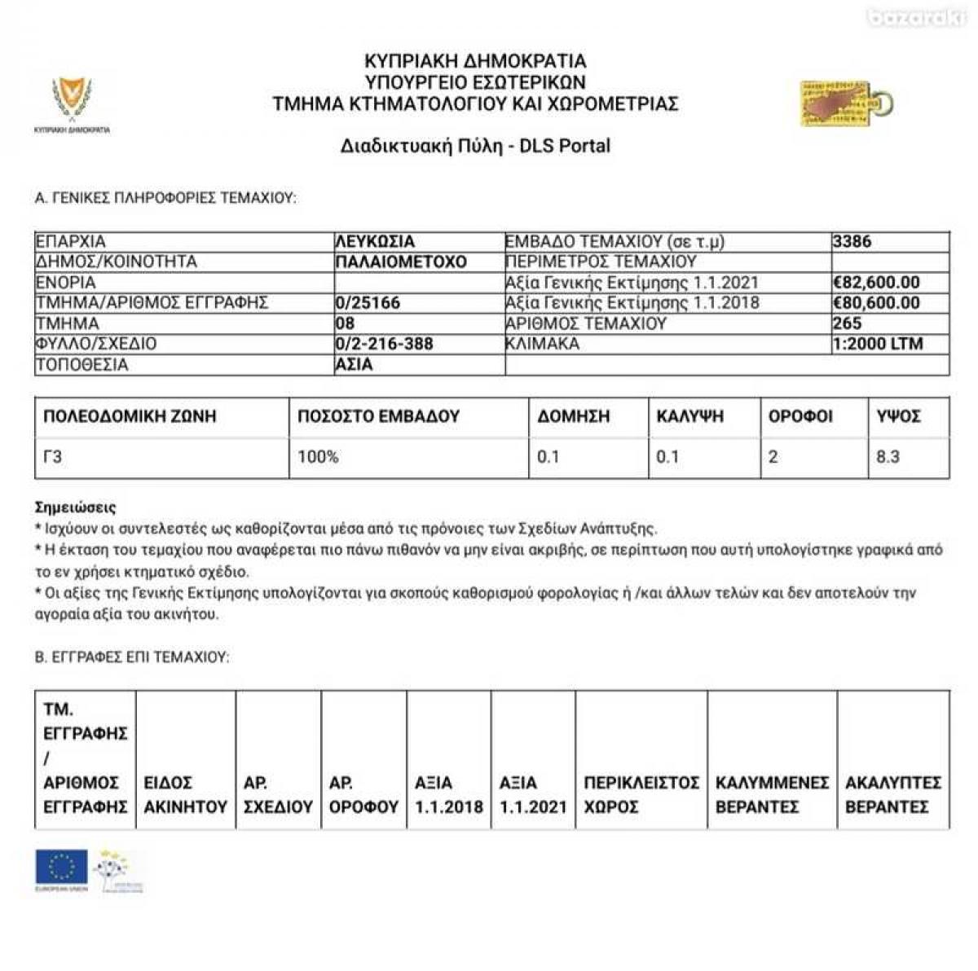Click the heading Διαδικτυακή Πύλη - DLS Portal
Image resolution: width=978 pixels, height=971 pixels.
(x=475, y=147)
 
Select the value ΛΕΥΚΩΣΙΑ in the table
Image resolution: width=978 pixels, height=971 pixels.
(x=375, y=242)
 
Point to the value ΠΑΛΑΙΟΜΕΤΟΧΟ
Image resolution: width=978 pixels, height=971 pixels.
(x=401, y=262)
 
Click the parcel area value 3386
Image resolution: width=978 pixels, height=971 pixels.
(x=852, y=242)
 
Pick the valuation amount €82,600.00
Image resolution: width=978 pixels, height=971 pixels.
(x=876, y=283)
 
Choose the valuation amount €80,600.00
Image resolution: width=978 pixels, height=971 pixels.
(x=876, y=303)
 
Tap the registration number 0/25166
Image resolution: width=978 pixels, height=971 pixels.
(x=368, y=303)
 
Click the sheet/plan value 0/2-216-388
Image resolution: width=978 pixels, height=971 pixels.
(x=384, y=344)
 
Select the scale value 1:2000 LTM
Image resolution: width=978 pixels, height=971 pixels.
(x=878, y=344)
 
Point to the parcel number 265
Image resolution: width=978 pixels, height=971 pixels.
(x=847, y=323)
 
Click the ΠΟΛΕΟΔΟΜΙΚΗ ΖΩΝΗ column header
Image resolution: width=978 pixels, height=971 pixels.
(x=130, y=416)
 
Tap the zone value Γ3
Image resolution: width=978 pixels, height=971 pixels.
(x=52, y=457)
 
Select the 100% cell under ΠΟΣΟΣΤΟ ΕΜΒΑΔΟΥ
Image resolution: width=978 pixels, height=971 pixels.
(x=318, y=457)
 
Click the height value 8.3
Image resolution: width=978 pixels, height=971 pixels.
(x=888, y=457)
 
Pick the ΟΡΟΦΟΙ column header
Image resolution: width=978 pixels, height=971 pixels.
(x=800, y=416)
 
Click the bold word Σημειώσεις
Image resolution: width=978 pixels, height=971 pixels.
(x=76, y=507)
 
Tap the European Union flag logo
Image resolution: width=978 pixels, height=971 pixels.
(x=61, y=868)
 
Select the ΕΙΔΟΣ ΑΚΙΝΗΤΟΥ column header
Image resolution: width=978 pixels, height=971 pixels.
(x=185, y=795)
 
